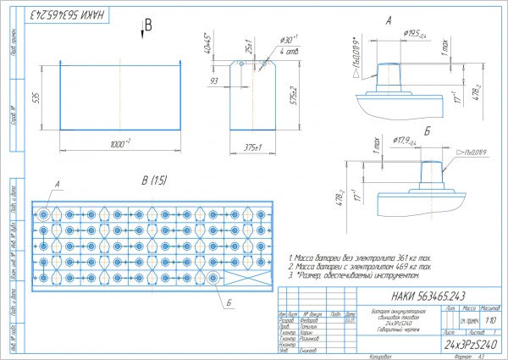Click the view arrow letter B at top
[x=147, y=25]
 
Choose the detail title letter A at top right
[x=389, y=19]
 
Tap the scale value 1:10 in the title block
[x=492, y=321]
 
